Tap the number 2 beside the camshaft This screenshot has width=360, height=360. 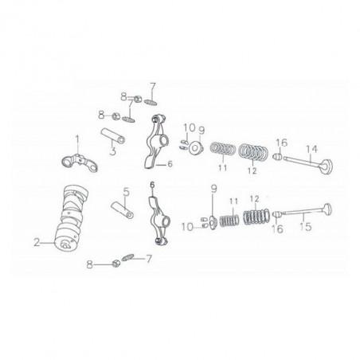pos(36,240)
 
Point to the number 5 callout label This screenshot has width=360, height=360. pos(124,192)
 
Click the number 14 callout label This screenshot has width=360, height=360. pos(311,148)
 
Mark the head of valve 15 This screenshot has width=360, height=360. pos(330,210)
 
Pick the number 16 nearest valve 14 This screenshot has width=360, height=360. pos(280,143)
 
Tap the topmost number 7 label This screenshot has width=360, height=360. pos(154,85)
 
